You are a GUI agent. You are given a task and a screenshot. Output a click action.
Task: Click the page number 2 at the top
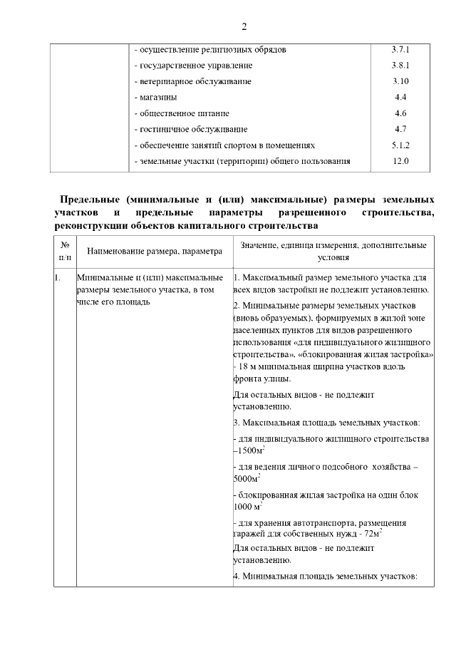(244, 28)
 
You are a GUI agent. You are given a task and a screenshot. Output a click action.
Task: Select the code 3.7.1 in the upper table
(400, 50)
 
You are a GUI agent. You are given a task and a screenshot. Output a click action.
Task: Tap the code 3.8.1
(400, 66)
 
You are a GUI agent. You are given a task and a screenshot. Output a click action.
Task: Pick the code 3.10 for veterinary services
(400, 81)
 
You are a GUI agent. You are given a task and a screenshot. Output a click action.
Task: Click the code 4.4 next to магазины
(400, 97)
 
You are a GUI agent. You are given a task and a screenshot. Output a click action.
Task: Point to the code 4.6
(400, 113)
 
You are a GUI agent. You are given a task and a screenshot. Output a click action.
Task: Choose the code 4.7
(400, 129)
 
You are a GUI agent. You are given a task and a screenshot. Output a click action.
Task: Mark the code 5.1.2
(400, 145)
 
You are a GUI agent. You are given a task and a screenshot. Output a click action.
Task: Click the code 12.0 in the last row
(400, 161)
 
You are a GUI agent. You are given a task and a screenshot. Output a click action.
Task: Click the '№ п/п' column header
(65, 251)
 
